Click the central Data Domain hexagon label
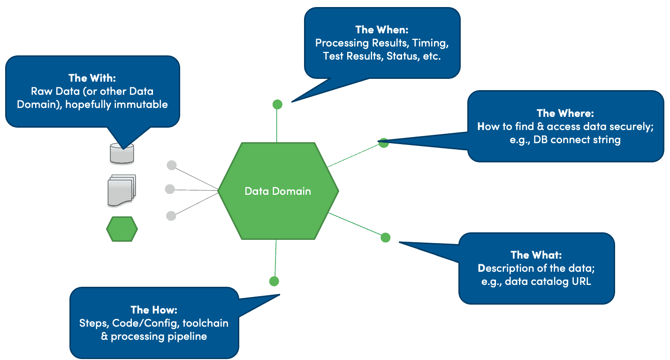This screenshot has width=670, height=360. click(x=278, y=191)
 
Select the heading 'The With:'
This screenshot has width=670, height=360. click(x=92, y=78)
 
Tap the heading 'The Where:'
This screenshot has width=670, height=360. click(x=565, y=114)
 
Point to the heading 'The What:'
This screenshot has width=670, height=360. click(x=536, y=255)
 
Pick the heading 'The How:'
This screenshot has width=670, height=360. click(x=154, y=310)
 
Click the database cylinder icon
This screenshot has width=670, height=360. click(x=122, y=153)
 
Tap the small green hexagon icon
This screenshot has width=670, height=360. click(x=122, y=229)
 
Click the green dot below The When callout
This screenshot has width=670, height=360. click(x=277, y=104)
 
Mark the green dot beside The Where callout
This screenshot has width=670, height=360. click(x=383, y=143)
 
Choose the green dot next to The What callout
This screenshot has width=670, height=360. click(x=385, y=237)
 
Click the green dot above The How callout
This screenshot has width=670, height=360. click(x=274, y=281)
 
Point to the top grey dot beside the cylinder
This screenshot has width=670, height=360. click(x=172, y=165)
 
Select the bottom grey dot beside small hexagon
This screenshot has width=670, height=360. click(x=171, y=215)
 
